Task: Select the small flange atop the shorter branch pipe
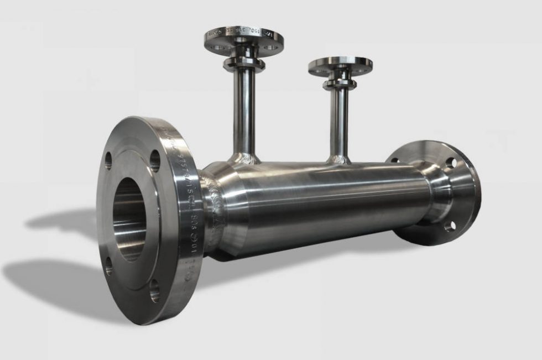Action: (x=340, y=65)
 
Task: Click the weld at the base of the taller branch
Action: (x=243, y=159)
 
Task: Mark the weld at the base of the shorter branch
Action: (x=338, y=160)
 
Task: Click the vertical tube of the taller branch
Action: (x=244, y=111)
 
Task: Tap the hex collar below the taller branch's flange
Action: (x=244, y=64)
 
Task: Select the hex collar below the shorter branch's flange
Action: (x=339, y=84)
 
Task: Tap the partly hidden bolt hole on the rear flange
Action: (x=394, y=160)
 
